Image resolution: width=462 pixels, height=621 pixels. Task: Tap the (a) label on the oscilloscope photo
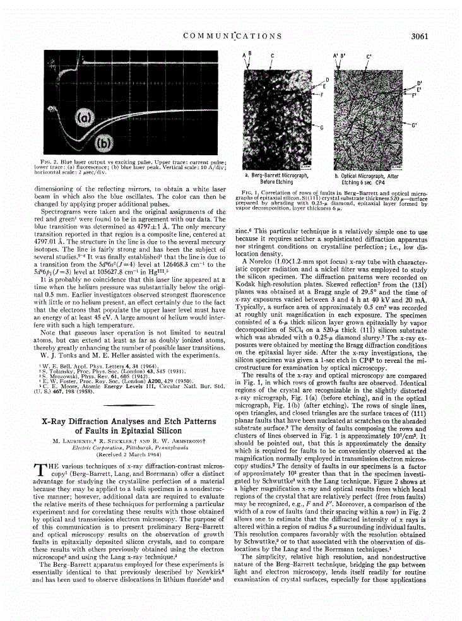[85, 117]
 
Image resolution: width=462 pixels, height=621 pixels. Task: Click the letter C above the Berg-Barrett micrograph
[272, 56]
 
